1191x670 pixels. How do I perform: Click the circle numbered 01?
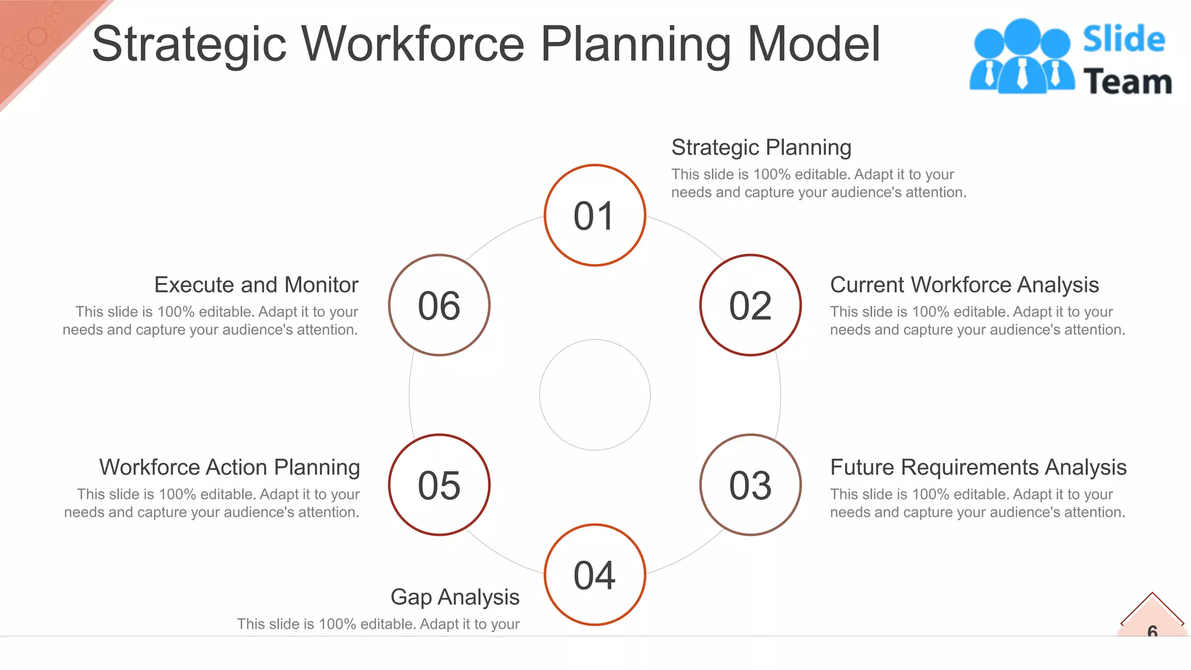click(x=594, y=215)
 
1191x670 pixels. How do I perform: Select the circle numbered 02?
click(x=750, y=305)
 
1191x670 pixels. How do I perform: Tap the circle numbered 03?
click(x=750, y=484)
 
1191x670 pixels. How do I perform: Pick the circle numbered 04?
click(x=594, y=575)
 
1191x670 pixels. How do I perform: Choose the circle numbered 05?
click(x=439, y=484)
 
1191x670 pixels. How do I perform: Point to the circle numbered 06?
click(x=439, y=305)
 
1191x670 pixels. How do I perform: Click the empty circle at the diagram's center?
click(x=594, y=395)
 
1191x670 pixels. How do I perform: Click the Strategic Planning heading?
click(x=761, y=148)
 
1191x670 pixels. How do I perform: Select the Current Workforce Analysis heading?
click(x=964, y=285)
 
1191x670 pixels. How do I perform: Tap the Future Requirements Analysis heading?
click(x=978, y=468)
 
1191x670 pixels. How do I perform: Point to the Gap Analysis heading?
click(x=455, y=597)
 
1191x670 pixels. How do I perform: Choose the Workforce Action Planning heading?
click(x=230, y=468)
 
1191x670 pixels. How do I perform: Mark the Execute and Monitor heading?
click(x=256, y=285)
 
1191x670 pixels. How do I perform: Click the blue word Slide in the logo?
click(x=1124, y=40)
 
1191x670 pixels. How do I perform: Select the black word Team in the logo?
click(x=1127, y=81)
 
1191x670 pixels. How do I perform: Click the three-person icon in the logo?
click(x=1022, y=56)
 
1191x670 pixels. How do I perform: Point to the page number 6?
click(x=1152, y=630)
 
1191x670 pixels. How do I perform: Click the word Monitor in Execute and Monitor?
click(x=322, y=285)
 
